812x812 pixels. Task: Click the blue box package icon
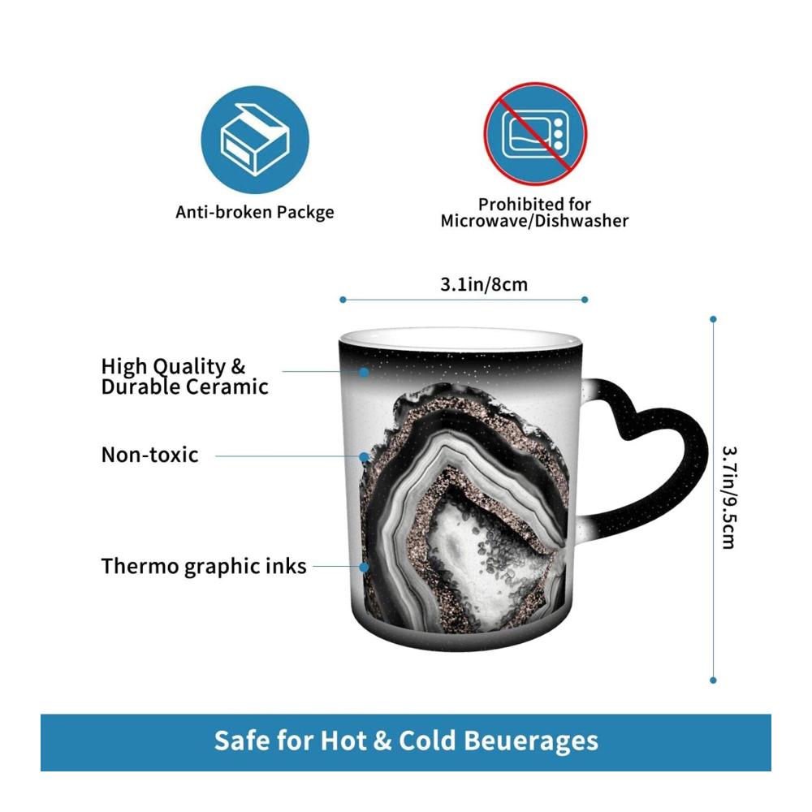click(x=255, y=140)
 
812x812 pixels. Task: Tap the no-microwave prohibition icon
click(x=535, y=133)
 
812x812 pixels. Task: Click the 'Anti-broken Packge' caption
click(x=254, y=212)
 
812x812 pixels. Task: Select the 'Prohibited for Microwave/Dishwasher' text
click(x=534, y=213)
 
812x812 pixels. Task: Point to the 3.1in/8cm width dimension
click(x=484, y=284)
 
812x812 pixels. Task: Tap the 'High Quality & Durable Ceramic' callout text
click(x=185, y=377)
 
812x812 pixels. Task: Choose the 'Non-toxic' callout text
click(x=149, y=455)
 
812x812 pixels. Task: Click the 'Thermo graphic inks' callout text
click(x=204, y=567)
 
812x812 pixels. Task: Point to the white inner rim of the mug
click(x=460, y=339)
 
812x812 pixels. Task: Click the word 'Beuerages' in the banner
click(x=531, y=741)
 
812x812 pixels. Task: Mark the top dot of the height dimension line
click(x=713, y=319)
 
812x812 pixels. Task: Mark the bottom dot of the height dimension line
click(x=713, y=680)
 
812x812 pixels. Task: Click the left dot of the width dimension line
click(x=343, y=300)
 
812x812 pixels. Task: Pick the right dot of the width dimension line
click(x=585, y=300)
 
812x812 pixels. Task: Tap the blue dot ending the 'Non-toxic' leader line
click(x=365, y=456)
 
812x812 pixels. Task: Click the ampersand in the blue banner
click(x=382, y=741)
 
